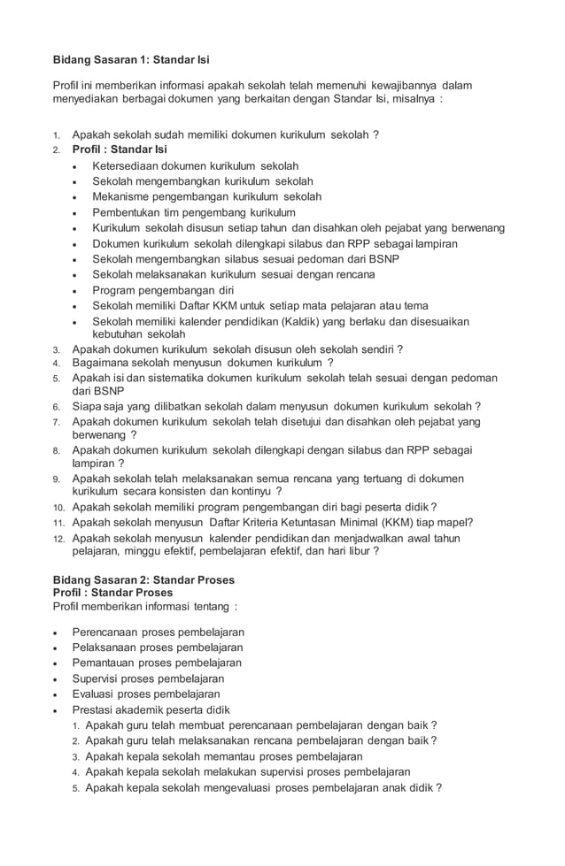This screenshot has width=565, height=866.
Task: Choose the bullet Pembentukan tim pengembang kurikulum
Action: click(194, 212)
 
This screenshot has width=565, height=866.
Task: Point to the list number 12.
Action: click(58, 538)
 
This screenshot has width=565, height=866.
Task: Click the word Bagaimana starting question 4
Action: click(101, 363)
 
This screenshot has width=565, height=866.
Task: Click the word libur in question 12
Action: click(360, 550)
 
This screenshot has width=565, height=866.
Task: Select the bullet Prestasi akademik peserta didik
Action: click(151, 709)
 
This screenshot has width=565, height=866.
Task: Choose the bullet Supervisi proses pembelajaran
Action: click(148, 678)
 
